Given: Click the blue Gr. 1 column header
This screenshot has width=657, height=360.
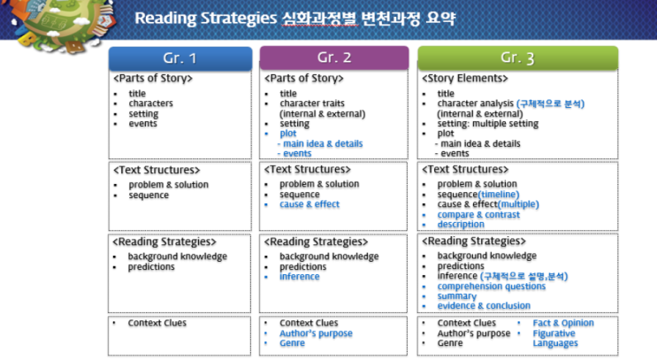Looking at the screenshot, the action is tap(180, 58).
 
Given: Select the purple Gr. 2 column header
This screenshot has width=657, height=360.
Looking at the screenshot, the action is tap(334, 57).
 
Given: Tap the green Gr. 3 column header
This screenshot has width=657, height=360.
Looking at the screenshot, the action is tap(517, 57).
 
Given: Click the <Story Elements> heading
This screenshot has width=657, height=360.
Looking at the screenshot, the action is tap(465, 79).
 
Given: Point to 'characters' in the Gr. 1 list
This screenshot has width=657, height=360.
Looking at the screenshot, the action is tap(151, 103).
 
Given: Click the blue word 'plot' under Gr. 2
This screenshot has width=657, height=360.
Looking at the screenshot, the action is tap(288, 134).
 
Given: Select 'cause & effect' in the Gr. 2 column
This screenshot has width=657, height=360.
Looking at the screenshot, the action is tap(309, 204).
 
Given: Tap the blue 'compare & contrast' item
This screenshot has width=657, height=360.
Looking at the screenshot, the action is tap(478, 215).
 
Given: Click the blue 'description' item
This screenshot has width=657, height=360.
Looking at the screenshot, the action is tap(461, 224).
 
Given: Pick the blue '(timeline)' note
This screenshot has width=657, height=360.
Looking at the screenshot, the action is tap(499, 195).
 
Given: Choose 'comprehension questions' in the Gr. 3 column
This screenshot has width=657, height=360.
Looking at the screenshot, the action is tap(492, 287).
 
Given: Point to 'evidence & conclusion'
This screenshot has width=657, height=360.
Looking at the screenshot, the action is tap(484, 306).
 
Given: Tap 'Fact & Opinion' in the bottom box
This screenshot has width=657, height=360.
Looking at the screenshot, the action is tap(563, 323).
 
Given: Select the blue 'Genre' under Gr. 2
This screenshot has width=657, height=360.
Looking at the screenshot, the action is tap(292, 343).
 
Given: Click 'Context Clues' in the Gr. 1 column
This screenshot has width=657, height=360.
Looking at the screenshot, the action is tap(157, 323).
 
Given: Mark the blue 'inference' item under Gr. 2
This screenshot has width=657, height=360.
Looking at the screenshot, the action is tap(299, 277).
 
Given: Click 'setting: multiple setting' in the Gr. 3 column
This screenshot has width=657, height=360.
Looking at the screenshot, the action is tap(488, 124).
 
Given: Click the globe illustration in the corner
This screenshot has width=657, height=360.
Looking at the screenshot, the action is tap(63, 23).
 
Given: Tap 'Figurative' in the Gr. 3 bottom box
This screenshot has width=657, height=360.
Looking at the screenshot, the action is tap(554, 333).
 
